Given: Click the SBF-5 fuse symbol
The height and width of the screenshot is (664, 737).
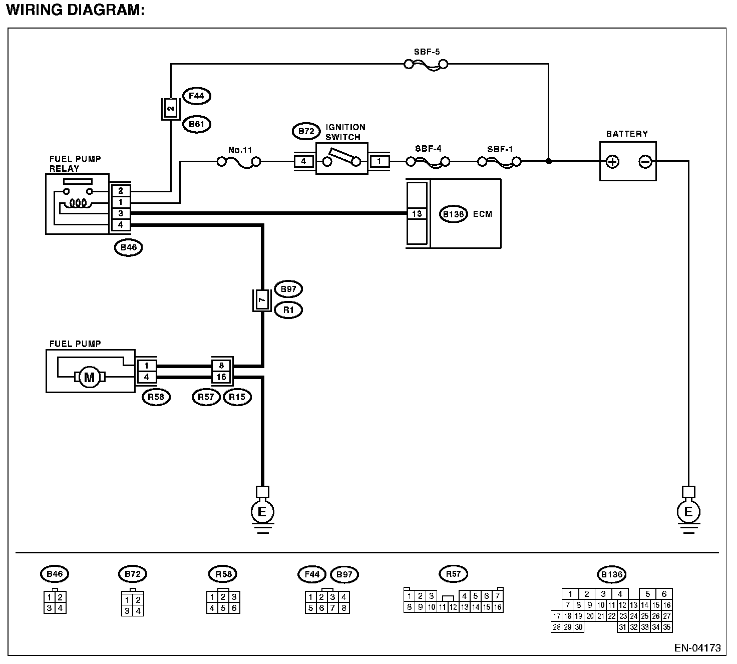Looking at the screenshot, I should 426,64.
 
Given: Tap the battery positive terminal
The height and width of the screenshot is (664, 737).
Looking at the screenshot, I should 612,162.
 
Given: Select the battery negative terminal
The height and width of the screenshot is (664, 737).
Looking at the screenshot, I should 645,162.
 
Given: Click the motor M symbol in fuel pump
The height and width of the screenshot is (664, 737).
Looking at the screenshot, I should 89,377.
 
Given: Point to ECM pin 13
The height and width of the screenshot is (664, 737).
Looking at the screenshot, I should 417,214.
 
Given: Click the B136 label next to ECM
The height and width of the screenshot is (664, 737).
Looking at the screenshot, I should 454,214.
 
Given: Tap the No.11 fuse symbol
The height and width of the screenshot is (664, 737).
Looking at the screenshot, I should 239,162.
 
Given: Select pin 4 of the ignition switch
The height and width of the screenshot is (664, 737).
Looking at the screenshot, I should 303,162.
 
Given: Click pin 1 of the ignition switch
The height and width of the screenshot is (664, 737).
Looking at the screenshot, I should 380,162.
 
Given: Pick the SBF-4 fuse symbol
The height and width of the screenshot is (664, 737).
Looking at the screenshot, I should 428,162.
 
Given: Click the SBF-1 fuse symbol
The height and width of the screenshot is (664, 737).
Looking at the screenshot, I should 499,162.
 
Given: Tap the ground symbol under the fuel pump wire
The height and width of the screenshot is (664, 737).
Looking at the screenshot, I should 262,512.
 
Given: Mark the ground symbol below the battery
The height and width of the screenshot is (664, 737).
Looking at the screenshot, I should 688,512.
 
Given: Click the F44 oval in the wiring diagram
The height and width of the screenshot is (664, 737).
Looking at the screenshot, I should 197,96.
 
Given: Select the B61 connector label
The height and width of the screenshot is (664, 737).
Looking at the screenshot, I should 197,124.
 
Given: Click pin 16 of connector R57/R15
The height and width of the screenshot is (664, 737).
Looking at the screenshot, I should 221,377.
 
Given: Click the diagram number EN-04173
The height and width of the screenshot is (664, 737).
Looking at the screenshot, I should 697,648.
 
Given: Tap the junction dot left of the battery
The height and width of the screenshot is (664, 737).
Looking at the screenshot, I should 549,162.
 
